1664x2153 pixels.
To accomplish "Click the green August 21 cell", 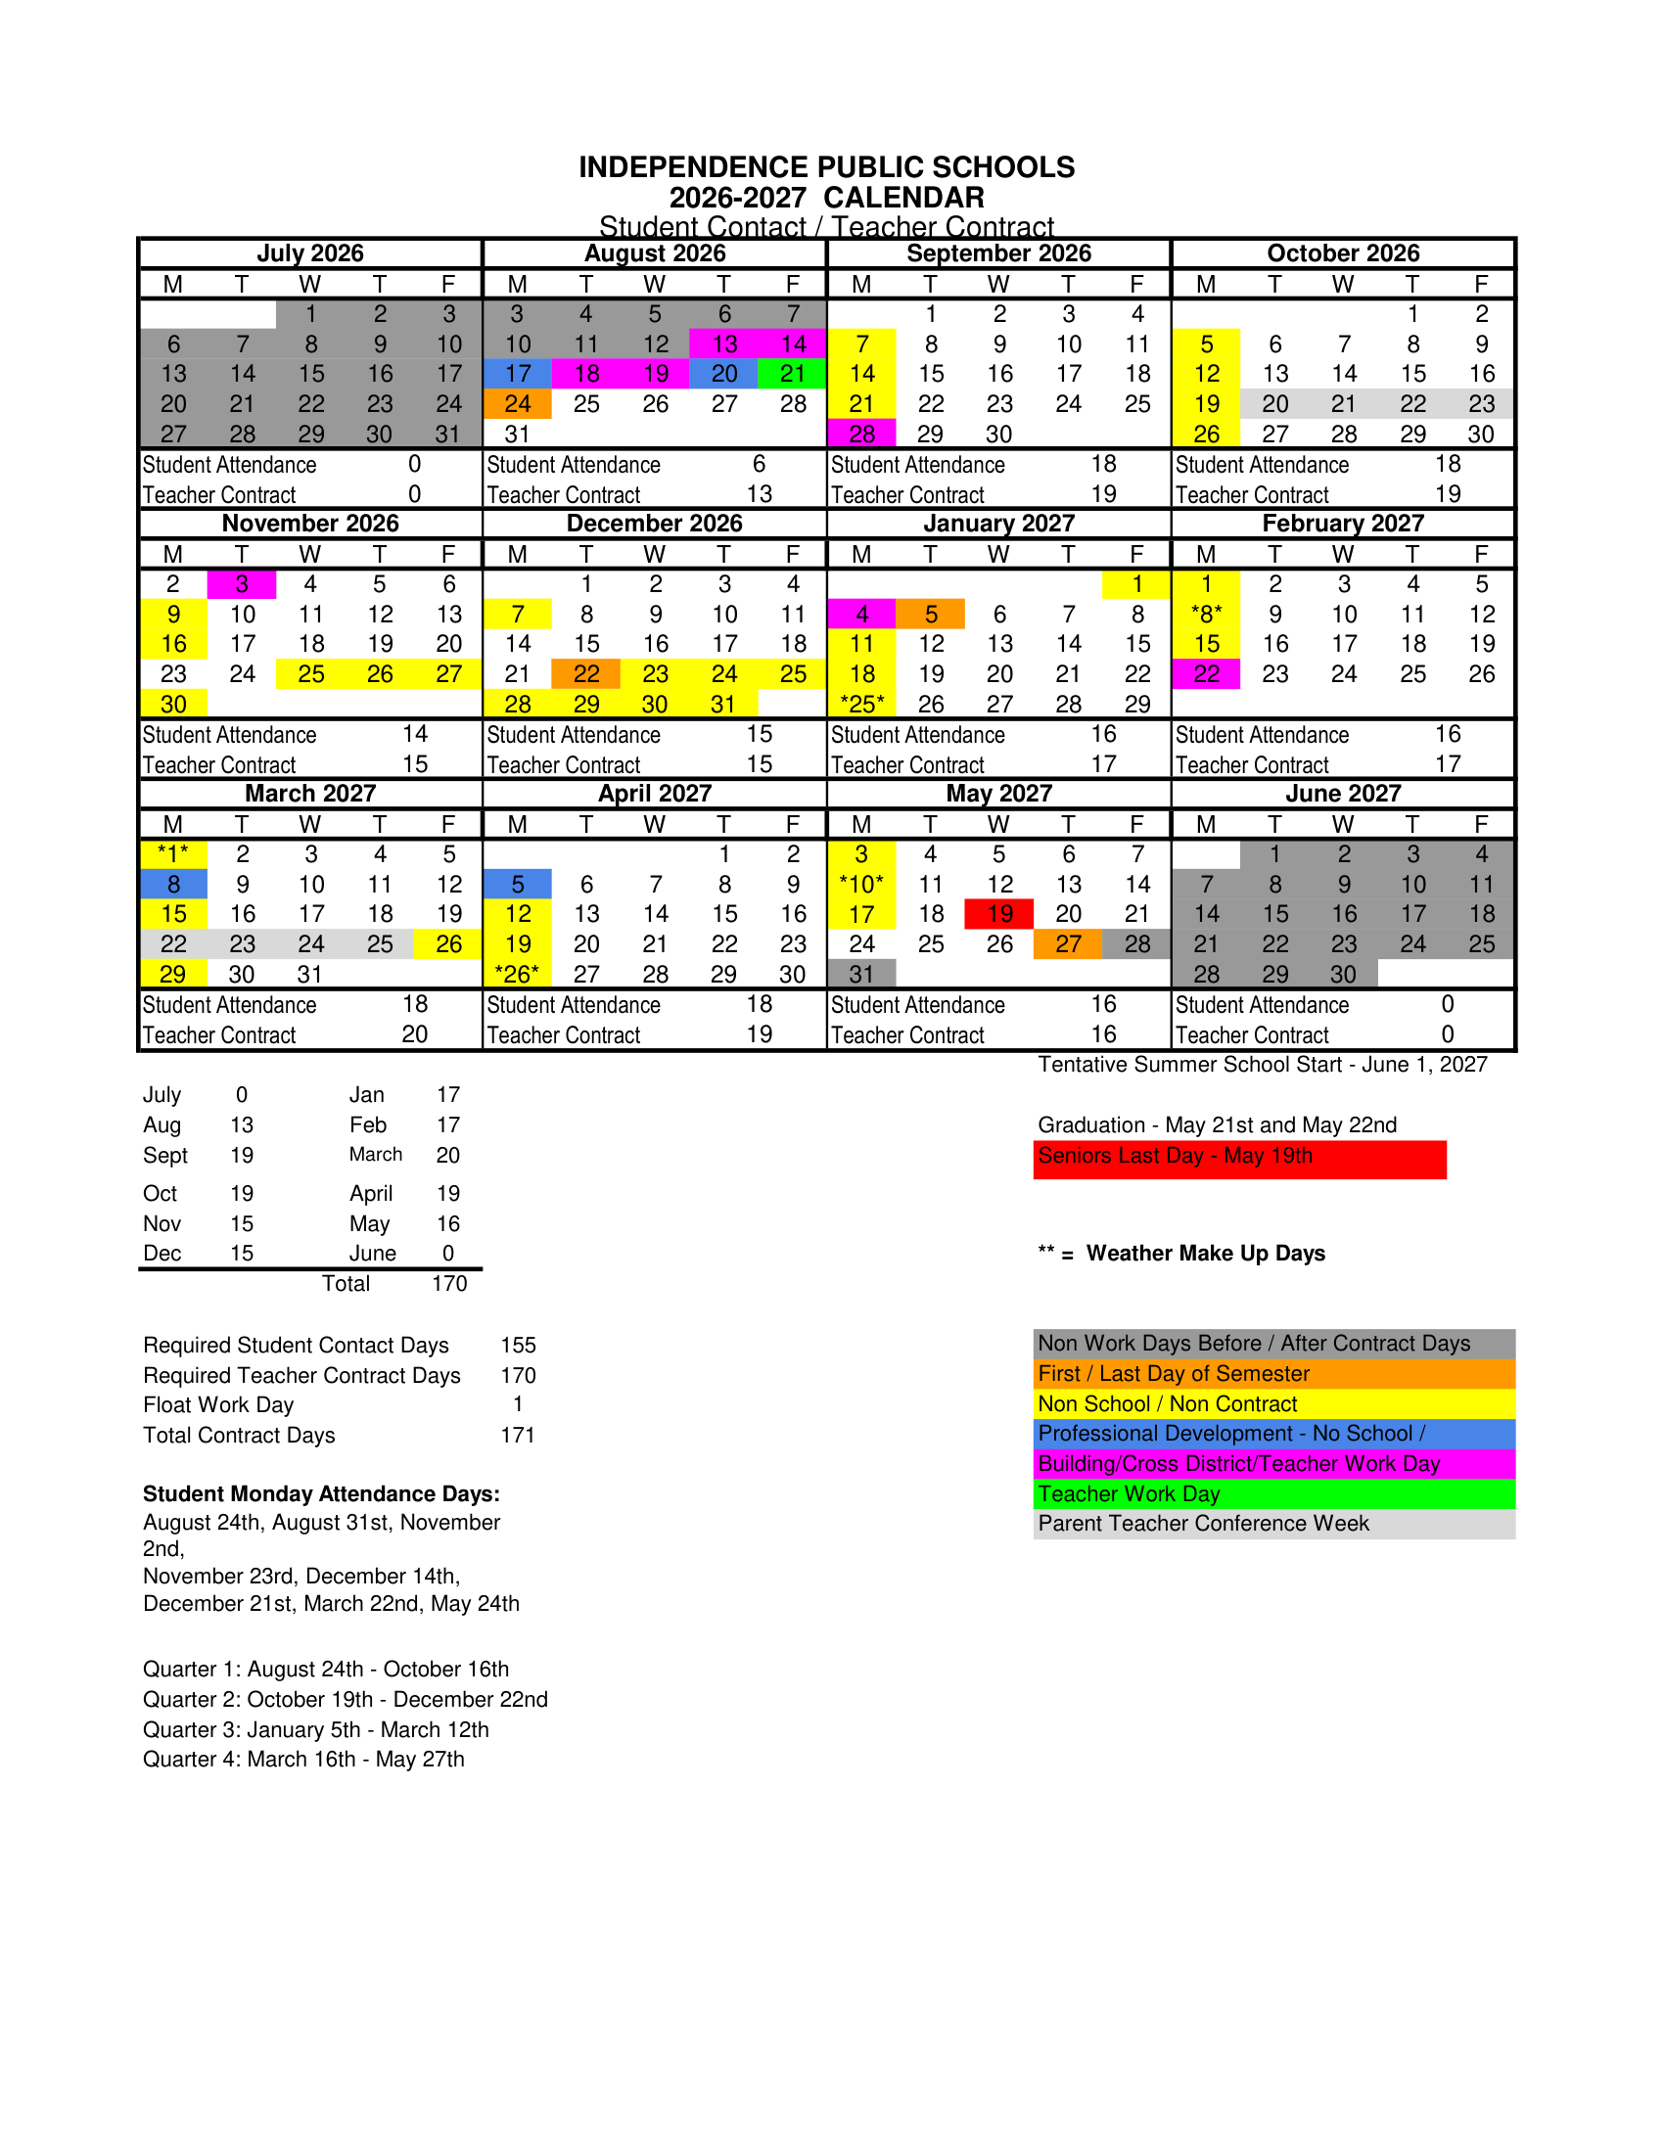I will click(x=793, y=375).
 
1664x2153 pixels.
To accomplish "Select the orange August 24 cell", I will click(x=518, y=404).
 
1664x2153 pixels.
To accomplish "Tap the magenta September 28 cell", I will click(x=861, y=434).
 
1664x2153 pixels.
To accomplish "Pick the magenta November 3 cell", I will click(x=242, y=584).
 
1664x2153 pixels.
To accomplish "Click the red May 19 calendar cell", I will click(x=999, y=915).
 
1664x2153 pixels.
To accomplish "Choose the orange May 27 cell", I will click(x=1069, y=944).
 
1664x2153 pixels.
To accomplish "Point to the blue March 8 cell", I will click(x=173, y=885).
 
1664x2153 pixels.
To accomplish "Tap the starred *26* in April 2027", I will click(x=518, y=974).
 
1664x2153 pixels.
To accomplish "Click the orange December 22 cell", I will click(x=586, y=674).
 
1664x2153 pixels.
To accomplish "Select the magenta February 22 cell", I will click(x=1207, y=674).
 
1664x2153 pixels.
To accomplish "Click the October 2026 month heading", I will click(x=1343, y=253).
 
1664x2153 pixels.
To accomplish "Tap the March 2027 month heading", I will click(x=310, y=794).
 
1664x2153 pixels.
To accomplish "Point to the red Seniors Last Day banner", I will click(x=1239, y=1160).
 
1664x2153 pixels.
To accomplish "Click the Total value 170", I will click(x=449, y=1284).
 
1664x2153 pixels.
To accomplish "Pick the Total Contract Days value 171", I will click(x=518, y=1436).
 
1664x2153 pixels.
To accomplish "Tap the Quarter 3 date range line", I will click(x=316, y=1730).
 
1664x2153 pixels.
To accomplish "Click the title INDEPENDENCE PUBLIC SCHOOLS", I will click(x=826, y=167).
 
